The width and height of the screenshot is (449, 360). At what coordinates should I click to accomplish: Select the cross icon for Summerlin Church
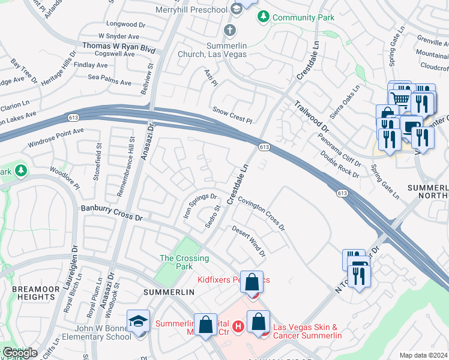coord(229,30)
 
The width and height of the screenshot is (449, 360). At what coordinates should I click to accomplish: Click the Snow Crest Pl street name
coord(232,115)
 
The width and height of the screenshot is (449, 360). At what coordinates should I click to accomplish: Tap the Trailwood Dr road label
coord(312,116)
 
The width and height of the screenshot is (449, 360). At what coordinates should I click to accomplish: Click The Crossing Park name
coord(184,263)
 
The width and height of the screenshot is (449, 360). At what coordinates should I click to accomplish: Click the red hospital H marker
coord(238,326)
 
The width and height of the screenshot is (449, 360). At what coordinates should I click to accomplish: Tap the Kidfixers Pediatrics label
coord(234,280)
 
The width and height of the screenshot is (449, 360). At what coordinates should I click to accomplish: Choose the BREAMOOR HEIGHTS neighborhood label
coord(34,293)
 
